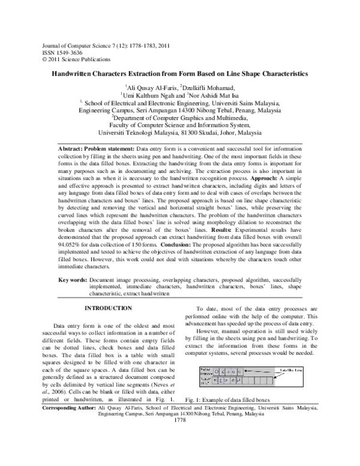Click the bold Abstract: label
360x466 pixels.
73,148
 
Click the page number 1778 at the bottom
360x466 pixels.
180,437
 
